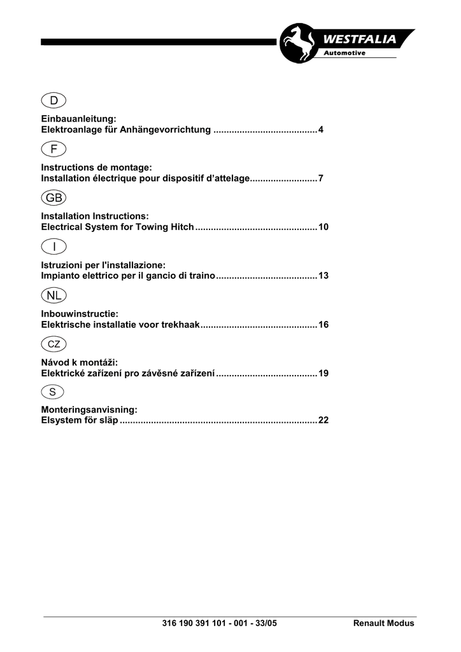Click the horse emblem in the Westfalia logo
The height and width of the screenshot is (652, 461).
(297, 44)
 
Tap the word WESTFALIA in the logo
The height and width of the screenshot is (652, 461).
(362, 39)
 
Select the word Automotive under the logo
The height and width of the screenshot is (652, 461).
(344, 53)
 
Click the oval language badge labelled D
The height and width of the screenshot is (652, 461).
(54, 100)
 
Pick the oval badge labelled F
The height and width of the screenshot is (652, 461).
(54, 148)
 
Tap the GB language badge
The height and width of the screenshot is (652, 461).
(54, 197)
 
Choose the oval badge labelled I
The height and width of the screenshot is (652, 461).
(54, 246)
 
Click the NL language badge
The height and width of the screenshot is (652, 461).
(54, 295)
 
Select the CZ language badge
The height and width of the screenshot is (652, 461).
(54, 344)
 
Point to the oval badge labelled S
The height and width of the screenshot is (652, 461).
(54, 392)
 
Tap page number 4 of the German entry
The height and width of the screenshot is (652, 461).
(322, 130)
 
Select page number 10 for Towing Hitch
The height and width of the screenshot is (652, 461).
(323, 227)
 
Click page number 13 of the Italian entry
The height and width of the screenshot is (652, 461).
(323, 276)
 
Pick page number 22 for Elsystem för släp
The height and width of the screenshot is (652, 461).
(323, 421)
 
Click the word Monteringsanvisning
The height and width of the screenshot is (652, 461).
(89, 411)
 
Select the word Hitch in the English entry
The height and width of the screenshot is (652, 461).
(181, 227)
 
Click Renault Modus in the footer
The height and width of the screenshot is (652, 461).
(383, 623)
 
